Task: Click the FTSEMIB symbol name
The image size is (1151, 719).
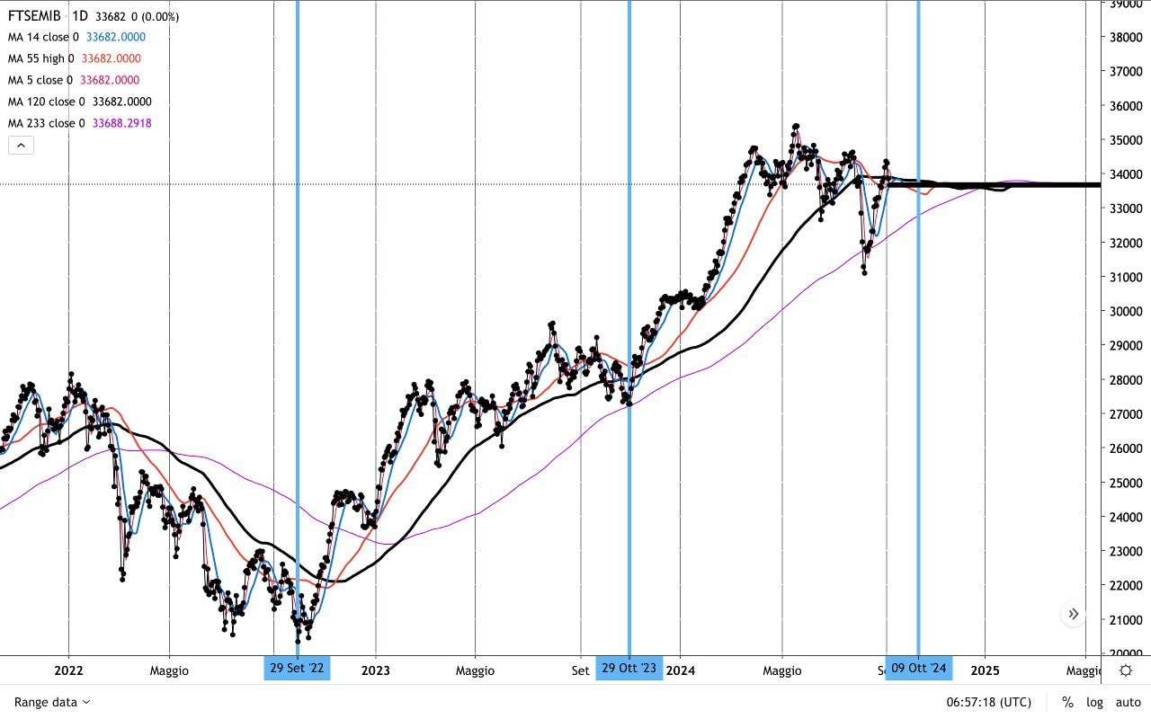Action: (x=34, y=16)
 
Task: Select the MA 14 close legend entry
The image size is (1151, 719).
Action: (x=43, y=37)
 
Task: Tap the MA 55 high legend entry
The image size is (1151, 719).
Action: (x=41, y=58)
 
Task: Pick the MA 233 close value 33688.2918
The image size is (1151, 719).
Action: (x=121, y=123)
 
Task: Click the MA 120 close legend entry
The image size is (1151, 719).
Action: (x=47, y=102)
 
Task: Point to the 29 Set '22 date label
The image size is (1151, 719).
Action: (x=297, y=668)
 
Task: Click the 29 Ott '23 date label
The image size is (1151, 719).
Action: (x=629, y=668)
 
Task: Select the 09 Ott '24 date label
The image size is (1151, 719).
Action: (x=918, y=668)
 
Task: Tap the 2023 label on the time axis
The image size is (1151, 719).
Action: (x=375, y=670)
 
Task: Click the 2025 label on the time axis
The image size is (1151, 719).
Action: (x=985, y=670)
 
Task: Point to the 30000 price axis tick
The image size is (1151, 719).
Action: (x=1127, y=311)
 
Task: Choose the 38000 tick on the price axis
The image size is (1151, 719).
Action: (x=1127, y=37)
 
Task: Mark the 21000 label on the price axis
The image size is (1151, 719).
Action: (x=1127, y=619)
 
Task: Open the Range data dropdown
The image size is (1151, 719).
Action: (x=52, y=702)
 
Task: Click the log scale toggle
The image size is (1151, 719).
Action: (x=1094, y=702)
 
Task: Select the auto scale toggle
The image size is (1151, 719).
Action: (x=1128, y=702)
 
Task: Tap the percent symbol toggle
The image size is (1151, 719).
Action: (x=1067, y=702)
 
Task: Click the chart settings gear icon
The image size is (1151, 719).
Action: (x=1126, y=670)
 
